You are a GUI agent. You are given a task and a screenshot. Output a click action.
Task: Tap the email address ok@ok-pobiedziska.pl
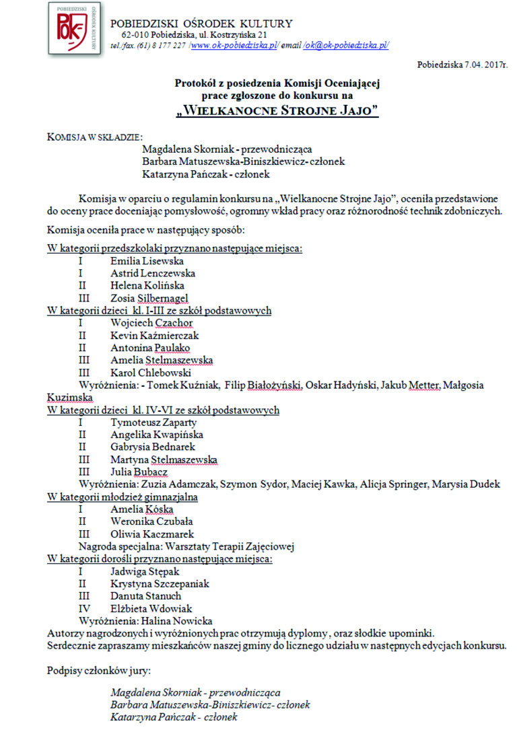(x=346, y=45)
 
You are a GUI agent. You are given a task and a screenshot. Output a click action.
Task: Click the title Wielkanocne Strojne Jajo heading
(x=277, y=110)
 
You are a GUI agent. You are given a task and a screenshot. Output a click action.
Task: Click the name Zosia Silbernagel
(x=149, y=298)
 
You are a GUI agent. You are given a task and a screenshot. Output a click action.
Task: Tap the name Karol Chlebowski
(x=151, y=373)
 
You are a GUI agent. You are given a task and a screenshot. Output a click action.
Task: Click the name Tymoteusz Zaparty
(x=153, y=423)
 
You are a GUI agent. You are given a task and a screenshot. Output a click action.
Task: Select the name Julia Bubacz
(x=140, y=472)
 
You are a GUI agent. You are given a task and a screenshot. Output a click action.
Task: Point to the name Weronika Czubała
(x=153, y=521)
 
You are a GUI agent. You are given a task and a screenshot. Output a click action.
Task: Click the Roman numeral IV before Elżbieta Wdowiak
(x=82, y=609)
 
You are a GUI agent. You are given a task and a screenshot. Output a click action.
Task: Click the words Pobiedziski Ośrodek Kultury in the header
(x=201, y=24)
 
